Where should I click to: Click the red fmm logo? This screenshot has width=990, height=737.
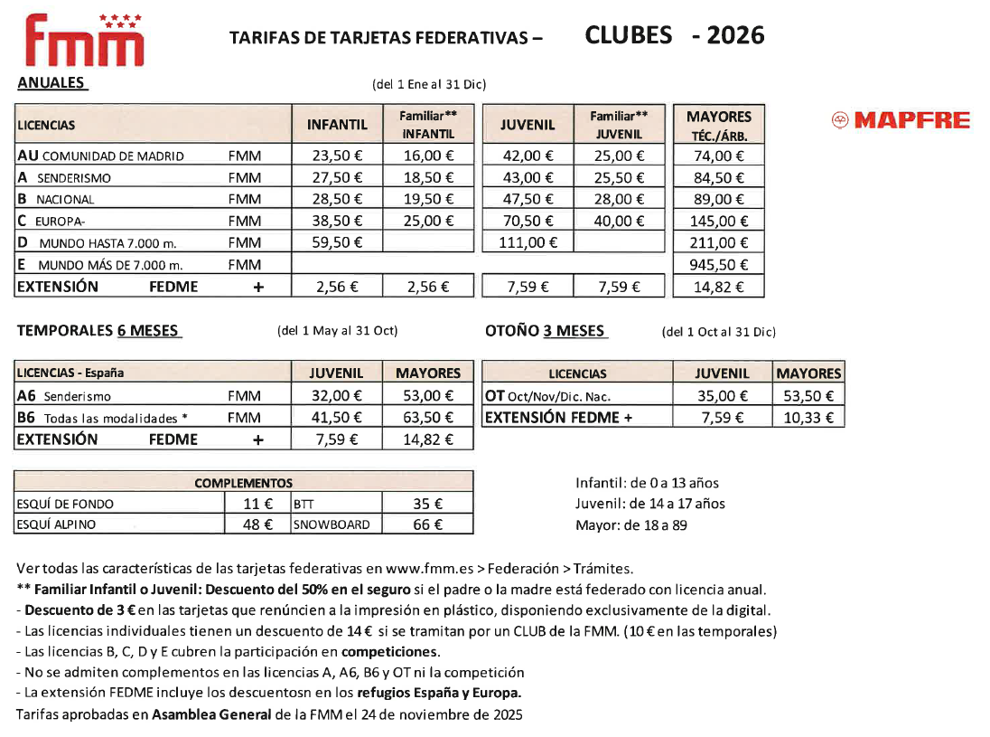(x=84, y=41)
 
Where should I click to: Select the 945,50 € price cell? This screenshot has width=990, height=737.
(x=719, y=265)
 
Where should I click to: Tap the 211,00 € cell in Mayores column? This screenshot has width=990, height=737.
(x=719, y=243)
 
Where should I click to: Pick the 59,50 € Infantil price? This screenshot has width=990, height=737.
(x=337, y=243)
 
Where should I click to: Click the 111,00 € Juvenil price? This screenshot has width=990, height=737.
(x=528, y=243)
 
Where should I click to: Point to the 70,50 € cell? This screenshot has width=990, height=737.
(x=528, y=222)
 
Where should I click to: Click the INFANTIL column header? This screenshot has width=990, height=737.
(x=337, y=125)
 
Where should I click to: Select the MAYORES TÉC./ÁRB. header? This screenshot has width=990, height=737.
(x=719, y=126)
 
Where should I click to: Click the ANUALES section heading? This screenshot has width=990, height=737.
(x=51, y=83)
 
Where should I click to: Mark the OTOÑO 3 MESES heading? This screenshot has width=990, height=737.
(x=546, y=331)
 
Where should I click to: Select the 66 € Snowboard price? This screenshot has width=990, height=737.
(x=427, y=524)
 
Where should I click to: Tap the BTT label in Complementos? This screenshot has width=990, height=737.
(x=303, y=504)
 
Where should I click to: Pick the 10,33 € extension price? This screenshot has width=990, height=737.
(x=808, y=418)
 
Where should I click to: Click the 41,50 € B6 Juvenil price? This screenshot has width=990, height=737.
(x=337, y=418)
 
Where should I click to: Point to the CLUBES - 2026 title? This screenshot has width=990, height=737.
(x=674, y=35)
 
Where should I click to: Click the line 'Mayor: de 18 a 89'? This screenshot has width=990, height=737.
(x=630, y=524)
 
